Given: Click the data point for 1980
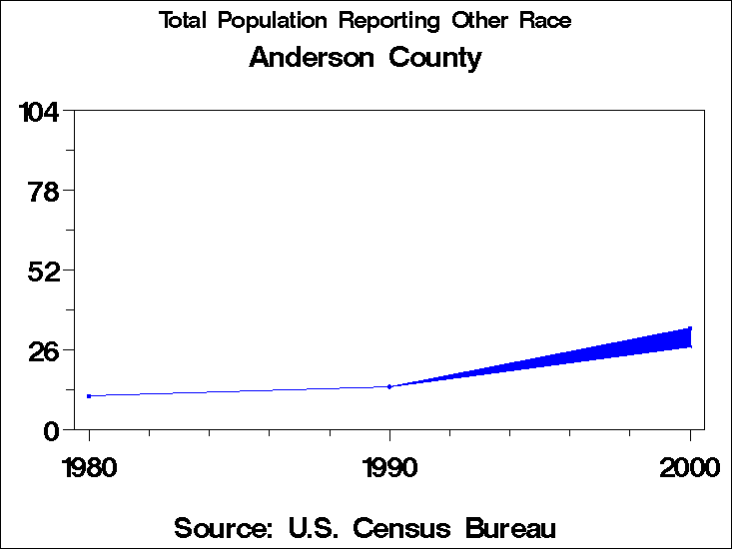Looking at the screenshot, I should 89,396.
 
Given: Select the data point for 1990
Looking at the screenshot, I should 389,386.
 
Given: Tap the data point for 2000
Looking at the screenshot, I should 689,329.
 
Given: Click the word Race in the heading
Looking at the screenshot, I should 545,21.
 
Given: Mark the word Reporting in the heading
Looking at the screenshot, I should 384,21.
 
